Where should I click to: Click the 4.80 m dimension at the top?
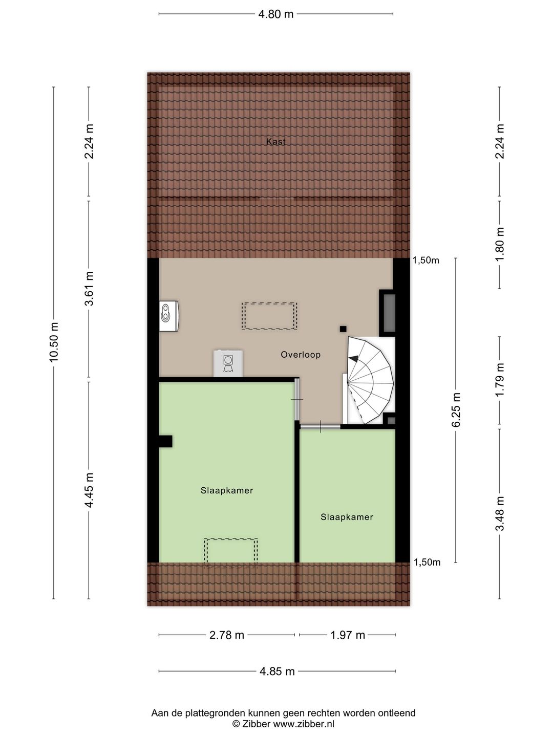click(x=275, y=14)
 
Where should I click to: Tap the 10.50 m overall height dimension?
click(x=54, y=342)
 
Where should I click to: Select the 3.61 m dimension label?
click(x=89, y=289)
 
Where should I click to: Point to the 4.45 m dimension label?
click(x=89, y=490)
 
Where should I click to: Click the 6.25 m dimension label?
click(x=456, y=409)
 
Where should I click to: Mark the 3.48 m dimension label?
click(x=500, y=513)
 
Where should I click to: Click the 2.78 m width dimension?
click(x=227, y=635)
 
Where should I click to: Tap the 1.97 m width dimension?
click(x=348, y=635)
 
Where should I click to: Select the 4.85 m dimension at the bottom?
click(x=277, y=671)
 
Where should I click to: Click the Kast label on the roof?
click(x=275, y=142)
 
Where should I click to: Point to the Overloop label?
click(x=301, y=355)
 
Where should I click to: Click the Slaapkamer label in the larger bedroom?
click(x=227, y=490)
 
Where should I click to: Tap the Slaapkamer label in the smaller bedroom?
click(x=347, y=517)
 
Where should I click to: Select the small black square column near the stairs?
click(x=343, y=329)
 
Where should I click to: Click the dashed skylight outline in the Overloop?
click(x=269, y=316)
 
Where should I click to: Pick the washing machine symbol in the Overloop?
click(x=228, y=363)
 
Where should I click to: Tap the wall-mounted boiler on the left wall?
click(x=169, y=316)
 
